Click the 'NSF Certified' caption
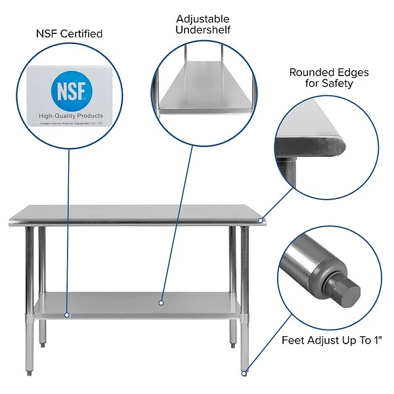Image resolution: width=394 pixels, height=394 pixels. [70, 33]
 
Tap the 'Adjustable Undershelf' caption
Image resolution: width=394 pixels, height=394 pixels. [203, 24]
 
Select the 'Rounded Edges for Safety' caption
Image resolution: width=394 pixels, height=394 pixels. [328, 77]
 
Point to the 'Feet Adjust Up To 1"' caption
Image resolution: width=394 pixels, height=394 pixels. [332, 339]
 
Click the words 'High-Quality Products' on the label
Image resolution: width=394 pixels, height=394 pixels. [70, 116]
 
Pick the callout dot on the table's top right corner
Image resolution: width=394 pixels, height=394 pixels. [261, 221]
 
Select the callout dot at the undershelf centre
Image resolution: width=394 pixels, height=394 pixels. [160, 303]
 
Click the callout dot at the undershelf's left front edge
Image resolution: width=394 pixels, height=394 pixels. [66, 315]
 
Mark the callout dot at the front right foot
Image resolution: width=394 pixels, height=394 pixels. [244, 373]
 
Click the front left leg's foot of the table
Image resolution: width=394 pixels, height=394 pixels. [30, 373]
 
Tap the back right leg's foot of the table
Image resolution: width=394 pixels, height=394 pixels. [233, 343]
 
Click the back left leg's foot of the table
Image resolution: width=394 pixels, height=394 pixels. [43, 343]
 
